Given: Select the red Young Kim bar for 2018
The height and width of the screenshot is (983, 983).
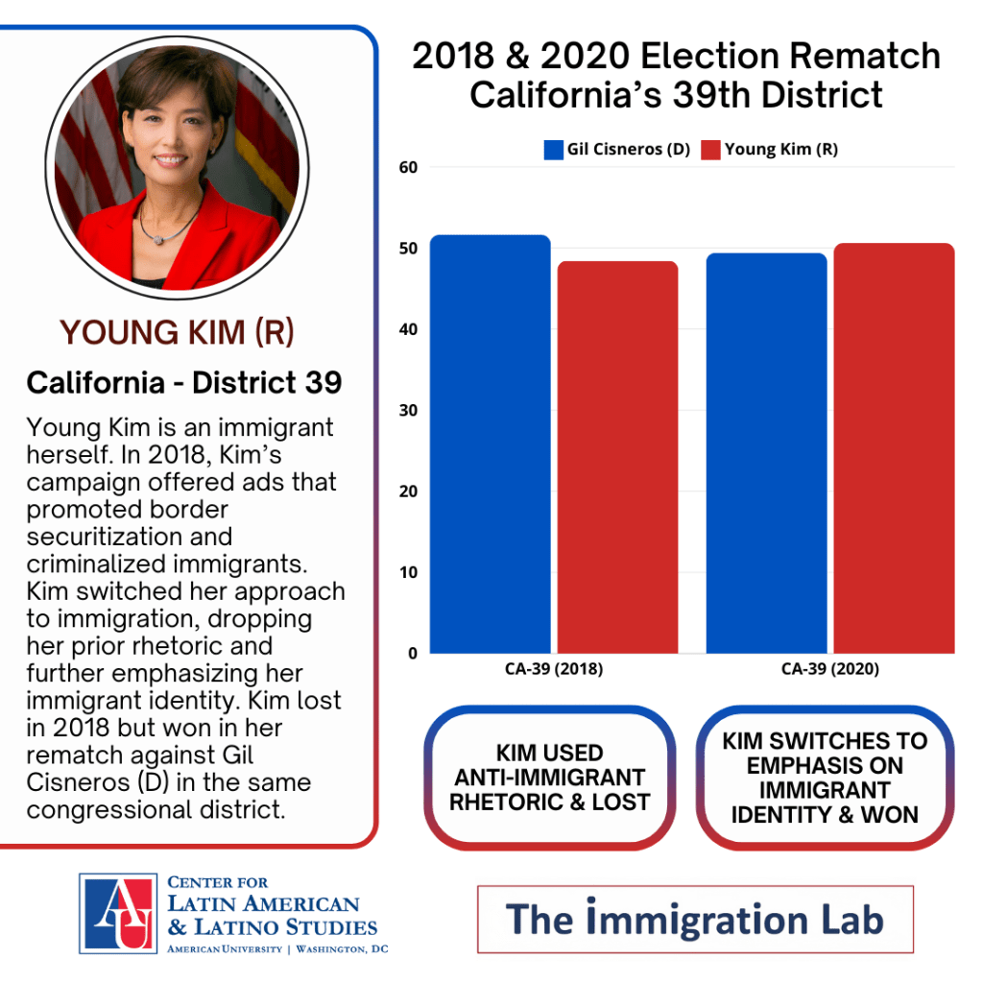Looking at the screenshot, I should pyautogui.click(x=617, y=458).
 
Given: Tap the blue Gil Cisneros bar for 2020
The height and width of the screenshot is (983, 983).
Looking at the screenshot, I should pyautogui.click(x=766, y=453).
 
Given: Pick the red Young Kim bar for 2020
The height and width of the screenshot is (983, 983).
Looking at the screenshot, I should pyautogui.click(x=894, y=448).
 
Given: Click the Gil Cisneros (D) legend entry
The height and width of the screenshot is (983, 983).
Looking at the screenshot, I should pyautogui.click(x=617, y=150).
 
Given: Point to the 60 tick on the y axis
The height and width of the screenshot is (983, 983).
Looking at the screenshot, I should pyautogui.click(x=409, y=167).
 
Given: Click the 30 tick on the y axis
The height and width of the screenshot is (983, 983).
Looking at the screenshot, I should pyautogui.click(x=409, y=411).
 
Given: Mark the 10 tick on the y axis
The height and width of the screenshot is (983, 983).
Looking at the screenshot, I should pyautogui.click(x=409, y=573).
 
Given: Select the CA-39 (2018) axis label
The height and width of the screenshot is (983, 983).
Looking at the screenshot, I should pyautogui.click(x=554, y=669).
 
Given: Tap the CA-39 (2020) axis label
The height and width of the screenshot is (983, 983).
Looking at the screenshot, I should pyautogui.click(x=829, y=669).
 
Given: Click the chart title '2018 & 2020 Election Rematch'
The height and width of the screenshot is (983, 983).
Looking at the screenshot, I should pyautogui.click(x=676, y=58).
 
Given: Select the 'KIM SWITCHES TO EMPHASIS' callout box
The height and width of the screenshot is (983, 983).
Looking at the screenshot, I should pyautogui.click(x=825, y=778).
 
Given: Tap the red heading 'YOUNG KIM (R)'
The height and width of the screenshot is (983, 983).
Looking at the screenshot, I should pyautogui.click(x=177, y=333).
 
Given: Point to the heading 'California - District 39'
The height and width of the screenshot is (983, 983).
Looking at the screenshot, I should pyautogui.click(x=184, y=383).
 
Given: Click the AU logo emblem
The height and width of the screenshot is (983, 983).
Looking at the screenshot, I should pyautogui.click(x=117, y=913).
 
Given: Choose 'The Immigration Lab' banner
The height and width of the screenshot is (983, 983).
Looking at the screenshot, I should pyautogui.click(x=695, y=919).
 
